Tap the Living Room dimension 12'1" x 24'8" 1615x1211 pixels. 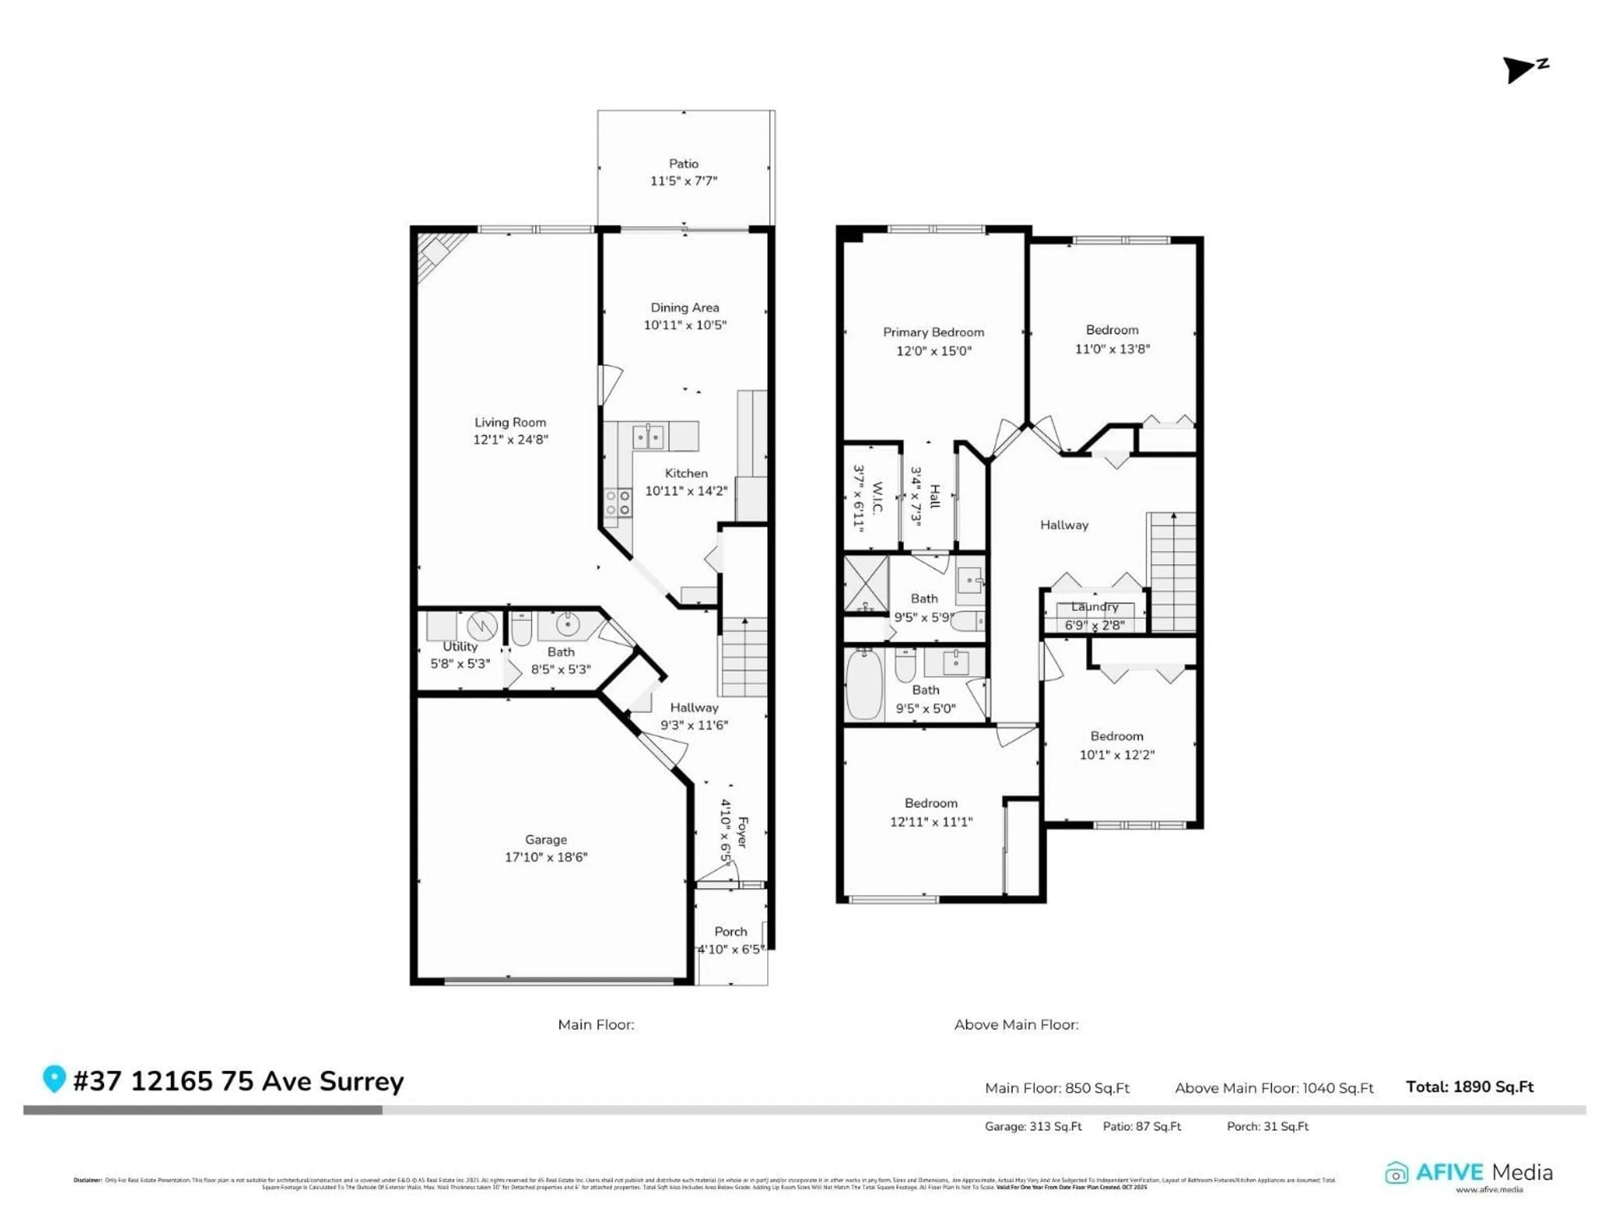pos(510,439)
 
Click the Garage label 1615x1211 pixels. pos(545,839)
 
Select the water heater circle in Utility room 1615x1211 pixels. pos(482,626)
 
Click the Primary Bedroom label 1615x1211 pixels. pos(933,332)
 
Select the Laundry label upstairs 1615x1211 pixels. pos(1094,607)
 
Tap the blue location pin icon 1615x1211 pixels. pos(54,1078)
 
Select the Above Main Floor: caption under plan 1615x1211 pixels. pos(1016,1024)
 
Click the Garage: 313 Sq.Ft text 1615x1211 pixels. pos(1033,1126)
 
